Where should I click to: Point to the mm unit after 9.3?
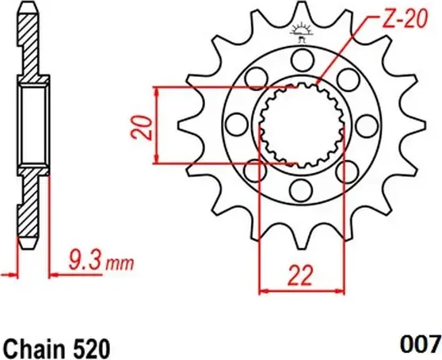[119, 261]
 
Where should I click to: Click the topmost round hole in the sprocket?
[300, 59]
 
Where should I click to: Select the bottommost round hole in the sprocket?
[300, 189]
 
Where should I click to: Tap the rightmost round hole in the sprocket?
[365, 124]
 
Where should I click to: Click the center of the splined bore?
[300, 124]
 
